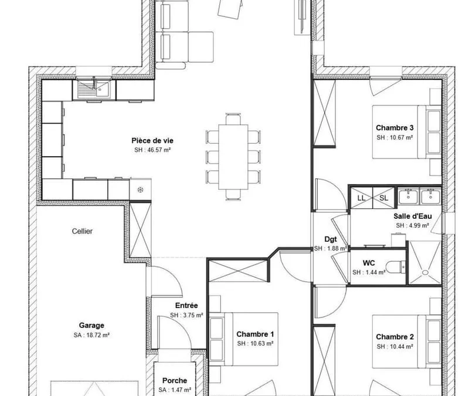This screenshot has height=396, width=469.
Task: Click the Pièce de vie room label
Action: (152, 140)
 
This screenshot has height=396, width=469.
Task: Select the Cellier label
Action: (82, 231)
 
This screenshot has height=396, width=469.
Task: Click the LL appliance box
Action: (361, 198)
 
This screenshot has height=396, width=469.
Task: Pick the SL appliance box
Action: (384, 198)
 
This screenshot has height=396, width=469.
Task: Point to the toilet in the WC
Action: (395, 267)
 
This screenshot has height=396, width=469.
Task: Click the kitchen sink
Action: (94, 89)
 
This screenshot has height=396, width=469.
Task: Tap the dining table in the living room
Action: (233, 157)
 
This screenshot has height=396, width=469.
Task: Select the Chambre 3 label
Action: (395, 128)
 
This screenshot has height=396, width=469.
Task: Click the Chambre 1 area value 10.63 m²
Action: (255, 344)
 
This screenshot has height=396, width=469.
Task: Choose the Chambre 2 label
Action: (395, 337)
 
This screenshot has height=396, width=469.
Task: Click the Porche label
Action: (175, 380)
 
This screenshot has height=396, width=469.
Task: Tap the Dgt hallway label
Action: (331, 239)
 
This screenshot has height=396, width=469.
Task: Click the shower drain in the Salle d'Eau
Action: (424, 272)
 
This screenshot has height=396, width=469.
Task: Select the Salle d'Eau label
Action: (413, 216)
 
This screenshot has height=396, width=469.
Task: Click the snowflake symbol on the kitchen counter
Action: (140, 189)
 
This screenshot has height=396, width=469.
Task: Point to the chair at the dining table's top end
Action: (233, 119)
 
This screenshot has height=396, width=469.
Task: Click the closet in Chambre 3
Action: (324, 113)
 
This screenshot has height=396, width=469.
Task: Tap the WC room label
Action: (369, 263)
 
